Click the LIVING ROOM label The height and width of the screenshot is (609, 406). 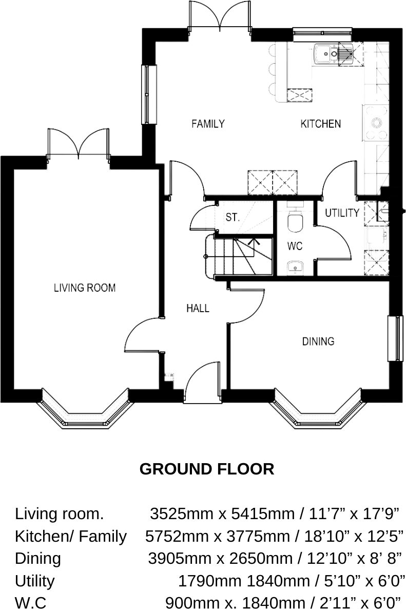point(85,288)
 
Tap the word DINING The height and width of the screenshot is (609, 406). point(318,341)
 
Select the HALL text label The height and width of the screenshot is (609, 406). point(198,308)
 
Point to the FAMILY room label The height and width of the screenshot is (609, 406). point(208,124)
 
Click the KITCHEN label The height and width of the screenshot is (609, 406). point(320,124)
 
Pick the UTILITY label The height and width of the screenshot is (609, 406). point(341,213)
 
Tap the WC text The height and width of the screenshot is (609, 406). point(295,246)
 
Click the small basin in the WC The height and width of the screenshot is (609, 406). point(294,267)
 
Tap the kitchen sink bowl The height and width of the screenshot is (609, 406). point(323,53)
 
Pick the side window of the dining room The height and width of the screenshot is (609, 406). point(394,338)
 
